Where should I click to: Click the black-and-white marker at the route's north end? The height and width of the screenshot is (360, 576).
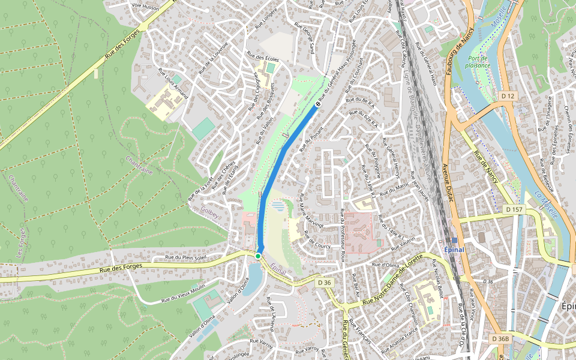318,104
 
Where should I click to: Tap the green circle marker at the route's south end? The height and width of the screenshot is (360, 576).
257,256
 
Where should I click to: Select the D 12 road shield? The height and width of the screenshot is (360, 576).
508,96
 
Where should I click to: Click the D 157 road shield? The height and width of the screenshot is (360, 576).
514,209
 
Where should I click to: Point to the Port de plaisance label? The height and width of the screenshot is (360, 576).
478,62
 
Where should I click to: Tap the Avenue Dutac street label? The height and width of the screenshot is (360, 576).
446,182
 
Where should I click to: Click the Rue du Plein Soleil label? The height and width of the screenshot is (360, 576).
185,257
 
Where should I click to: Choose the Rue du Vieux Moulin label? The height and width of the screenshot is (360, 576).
183,293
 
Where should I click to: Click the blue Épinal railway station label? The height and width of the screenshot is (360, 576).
454,249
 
